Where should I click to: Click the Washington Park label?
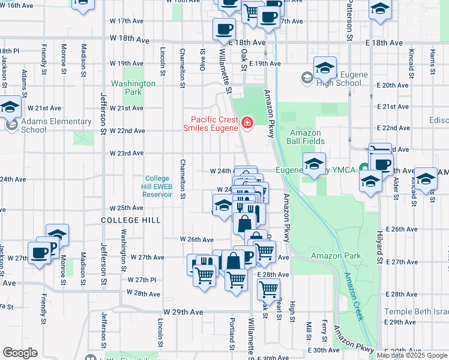133,88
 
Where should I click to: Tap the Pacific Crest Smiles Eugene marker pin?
246,124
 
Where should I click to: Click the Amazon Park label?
336,256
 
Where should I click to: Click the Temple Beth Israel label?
417,311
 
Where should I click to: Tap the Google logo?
20,353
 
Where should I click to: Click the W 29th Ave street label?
183,312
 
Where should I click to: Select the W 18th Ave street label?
129,39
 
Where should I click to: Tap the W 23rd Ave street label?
127,153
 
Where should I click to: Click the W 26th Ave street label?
197,239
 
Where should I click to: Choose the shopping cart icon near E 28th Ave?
268,290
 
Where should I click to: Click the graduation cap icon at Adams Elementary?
10,108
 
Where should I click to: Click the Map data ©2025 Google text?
412,355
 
